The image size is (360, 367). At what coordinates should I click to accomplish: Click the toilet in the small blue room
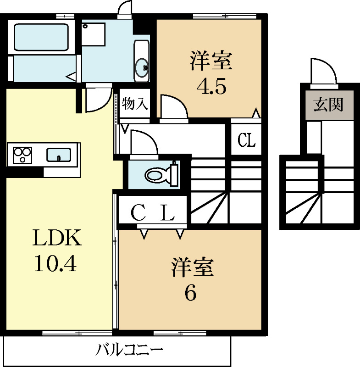(x=158, y=174)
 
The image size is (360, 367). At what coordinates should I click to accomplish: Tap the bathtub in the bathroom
(x=41, y=37)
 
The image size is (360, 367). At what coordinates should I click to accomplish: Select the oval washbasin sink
(x=142, y=68)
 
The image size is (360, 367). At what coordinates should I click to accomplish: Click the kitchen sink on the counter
(x=58, y=155)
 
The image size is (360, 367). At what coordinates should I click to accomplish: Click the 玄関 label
(x=328, y=105)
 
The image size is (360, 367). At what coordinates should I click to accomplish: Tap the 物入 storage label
(x=135, y=104)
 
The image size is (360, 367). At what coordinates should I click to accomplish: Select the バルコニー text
(x=129, y=352)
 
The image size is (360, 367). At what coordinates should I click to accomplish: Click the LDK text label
(x=57, y=238)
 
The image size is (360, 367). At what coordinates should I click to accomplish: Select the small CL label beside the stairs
(x=246, y=140)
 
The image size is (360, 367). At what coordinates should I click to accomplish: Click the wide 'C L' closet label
(x=153, y=212)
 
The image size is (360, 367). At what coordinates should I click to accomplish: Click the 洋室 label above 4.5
(x=211, y=61)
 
